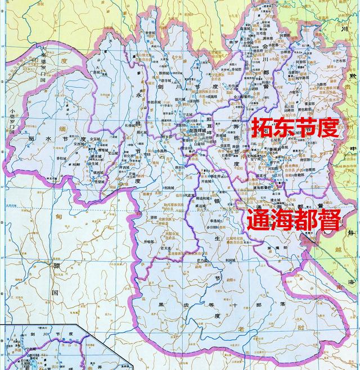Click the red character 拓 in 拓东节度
261,129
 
